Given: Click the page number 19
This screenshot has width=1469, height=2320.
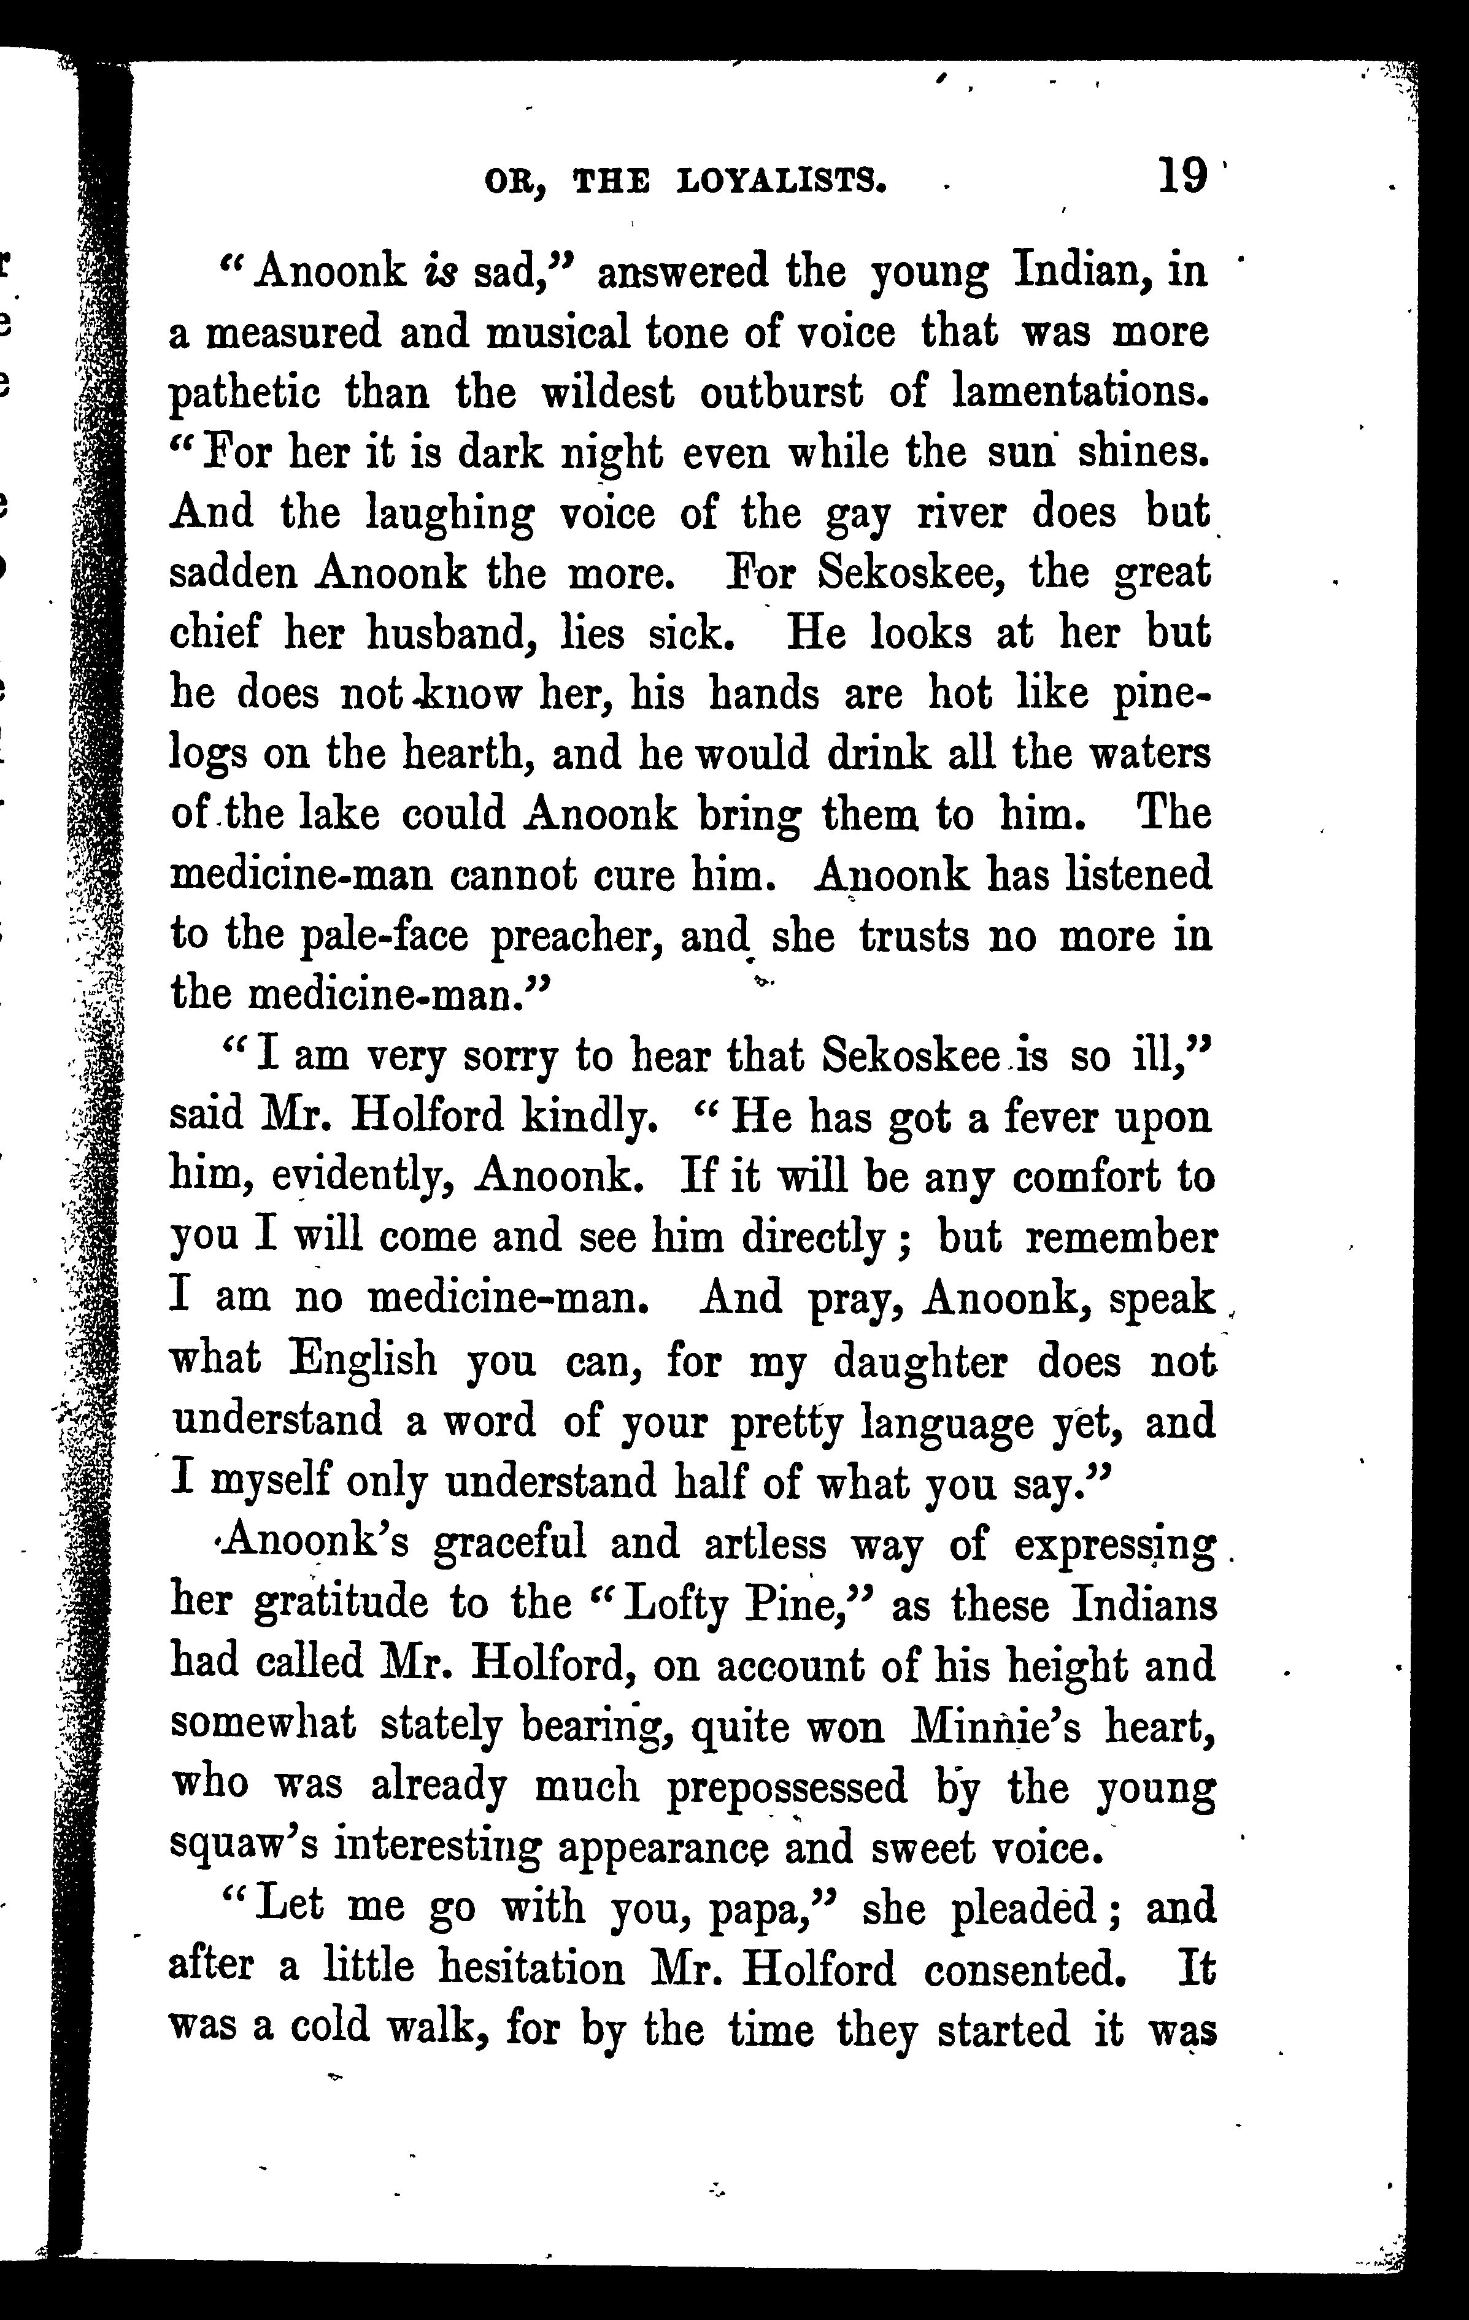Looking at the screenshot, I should pos(1183,176).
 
